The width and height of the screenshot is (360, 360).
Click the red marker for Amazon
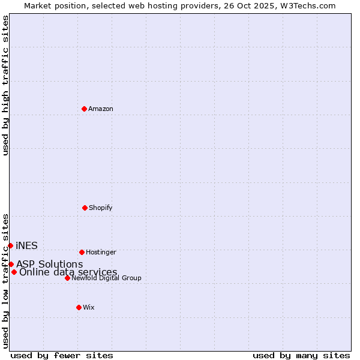85,109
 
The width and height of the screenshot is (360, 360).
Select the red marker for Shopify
85,208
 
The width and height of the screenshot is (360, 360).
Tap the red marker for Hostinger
82,252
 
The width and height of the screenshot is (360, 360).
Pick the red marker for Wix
79,307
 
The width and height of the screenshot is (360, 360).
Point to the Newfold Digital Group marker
67,278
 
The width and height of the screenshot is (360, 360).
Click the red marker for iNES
10,245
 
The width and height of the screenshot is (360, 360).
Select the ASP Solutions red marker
11,264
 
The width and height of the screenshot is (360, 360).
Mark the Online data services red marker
14,272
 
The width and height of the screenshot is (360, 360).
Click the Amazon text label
101,109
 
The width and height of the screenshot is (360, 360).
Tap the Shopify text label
101,208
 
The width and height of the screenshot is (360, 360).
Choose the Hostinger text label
101,252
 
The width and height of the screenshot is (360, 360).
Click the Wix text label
89,307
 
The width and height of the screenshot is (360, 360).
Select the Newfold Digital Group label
106,278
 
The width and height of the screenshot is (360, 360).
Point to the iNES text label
26,245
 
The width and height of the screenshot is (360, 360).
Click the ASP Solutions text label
49,264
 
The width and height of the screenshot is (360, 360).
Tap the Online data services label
68,272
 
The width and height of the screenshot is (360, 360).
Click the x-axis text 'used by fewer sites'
62,355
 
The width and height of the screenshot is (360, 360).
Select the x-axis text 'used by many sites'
301,355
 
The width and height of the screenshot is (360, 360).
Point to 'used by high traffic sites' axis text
5,85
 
